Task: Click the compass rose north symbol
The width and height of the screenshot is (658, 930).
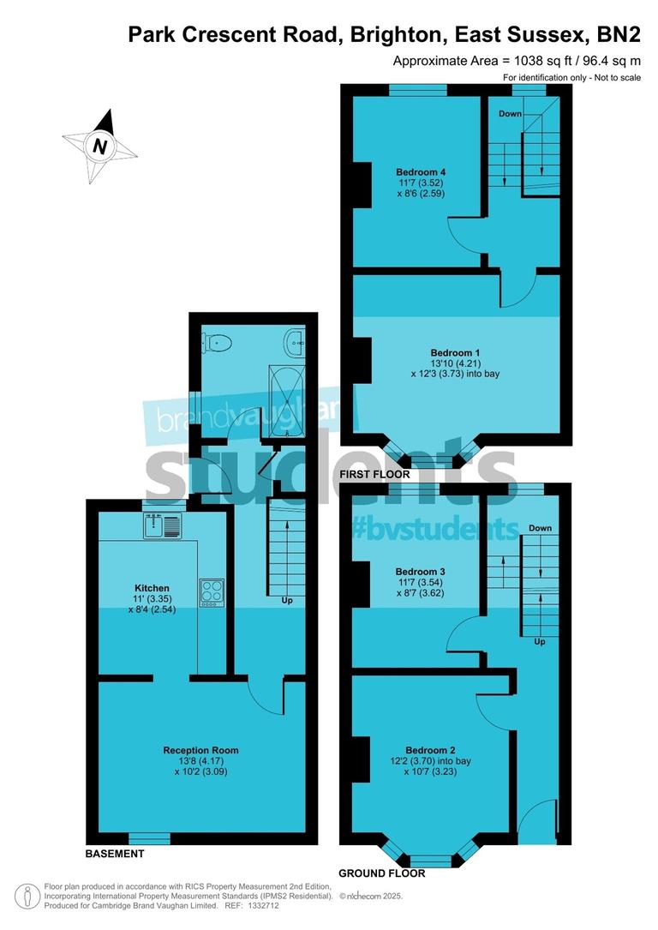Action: click(x=100, y=146)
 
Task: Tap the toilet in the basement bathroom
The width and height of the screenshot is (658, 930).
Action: click(x=215, y=343)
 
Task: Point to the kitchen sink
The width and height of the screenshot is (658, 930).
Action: click(x=164, y=524)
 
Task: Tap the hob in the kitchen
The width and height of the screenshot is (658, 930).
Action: click(x=211, y=592)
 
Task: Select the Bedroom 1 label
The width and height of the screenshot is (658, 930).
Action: click(x=455, y=352)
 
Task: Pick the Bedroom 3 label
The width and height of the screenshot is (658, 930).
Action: click(x=420, y=571)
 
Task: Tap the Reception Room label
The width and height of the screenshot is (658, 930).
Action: click(x=200, y=750)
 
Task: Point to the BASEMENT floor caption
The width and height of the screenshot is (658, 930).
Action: click(x=115, y=854)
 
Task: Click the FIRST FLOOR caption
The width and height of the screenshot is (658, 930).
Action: click(x=374, y=474)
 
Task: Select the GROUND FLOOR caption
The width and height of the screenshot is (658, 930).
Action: click(x=382, y=873)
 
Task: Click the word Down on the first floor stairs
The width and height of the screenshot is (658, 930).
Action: click(x=511, y=114)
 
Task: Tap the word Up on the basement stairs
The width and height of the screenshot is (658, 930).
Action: click(x=287, y=601)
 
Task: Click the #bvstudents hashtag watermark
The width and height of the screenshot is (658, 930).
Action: click(x=435, y=528)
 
